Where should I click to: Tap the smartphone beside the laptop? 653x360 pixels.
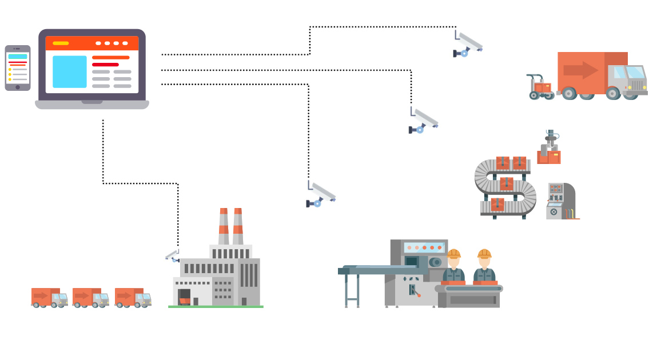click(17, 67)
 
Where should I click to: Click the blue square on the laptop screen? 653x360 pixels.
click(70, 72)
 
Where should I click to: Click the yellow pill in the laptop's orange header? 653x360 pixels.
click(61, 43)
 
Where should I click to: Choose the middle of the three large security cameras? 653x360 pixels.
click(424, 120)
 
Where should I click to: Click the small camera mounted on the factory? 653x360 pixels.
click(173, 255)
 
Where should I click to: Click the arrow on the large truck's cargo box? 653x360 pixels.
click(580, 71)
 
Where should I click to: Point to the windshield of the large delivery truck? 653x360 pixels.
click(635, 73)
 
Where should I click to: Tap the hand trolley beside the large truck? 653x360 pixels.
click(539, 87)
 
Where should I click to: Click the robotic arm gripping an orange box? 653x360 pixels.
click(550, 147)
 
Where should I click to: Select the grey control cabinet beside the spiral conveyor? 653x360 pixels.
click(560, 201)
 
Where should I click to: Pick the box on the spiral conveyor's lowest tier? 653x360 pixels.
click(497, 204)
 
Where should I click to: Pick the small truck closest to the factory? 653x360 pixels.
click(133, 297)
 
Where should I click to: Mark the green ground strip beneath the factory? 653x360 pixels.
click(216, 307)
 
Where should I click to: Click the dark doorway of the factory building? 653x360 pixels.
click(184, 296)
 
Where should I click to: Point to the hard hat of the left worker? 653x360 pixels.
click(453, 253)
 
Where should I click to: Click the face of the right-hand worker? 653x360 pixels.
click(484, 262)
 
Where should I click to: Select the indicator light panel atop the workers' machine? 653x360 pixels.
click(424, 247)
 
